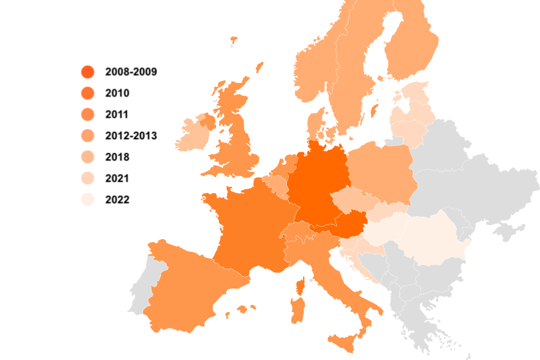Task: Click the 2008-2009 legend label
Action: pyautogui.click(x=131, y=72)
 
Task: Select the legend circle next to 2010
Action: pyautogui.click(x=88, y=93)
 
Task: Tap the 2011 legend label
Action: pyautogui.click(x=117, y=114)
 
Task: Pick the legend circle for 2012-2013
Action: pyautogui.click(x=88, y=136)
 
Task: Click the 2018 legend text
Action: pyautogui.click(x=117, y=157)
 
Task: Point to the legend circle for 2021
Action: pyautogui.click(x=88, y=178)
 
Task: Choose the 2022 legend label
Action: pyautogui.click(x=117, y=200)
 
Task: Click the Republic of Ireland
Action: pyautogui.click(x=191, y=134)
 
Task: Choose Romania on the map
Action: pyautogui.click(x=431, y=240)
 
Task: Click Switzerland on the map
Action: pyautogui.click(x=298, y=233)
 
